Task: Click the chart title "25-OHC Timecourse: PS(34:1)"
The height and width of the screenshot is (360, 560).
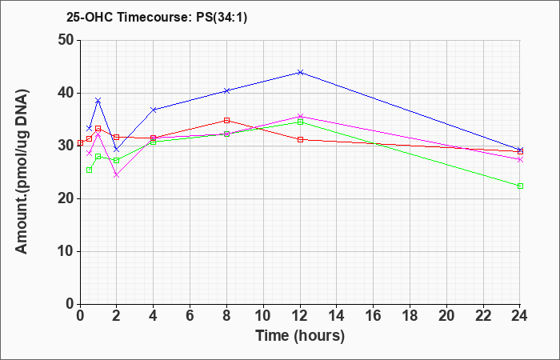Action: coord(157,18)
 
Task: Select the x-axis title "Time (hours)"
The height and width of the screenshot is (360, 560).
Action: coord(300,336)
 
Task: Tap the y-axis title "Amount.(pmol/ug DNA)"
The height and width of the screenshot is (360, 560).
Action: coord(22,172)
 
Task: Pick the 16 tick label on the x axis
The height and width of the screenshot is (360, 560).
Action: coord(374,315)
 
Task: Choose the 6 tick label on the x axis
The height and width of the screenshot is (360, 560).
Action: coord(190,315)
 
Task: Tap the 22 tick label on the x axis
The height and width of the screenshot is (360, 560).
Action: coord(483,315)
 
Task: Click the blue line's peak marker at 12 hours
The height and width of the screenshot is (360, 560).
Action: coord(300,73)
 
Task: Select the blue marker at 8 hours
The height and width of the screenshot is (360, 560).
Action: coord(226,91)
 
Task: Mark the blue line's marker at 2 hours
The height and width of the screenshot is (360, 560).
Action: coord(117,150)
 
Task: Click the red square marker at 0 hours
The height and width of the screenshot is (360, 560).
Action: coord(80,143)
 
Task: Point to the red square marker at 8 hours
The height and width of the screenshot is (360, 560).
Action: coord(226,120)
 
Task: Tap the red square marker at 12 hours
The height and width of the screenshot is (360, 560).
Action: coord(300,140)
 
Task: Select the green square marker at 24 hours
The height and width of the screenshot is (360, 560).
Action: coord(520,186)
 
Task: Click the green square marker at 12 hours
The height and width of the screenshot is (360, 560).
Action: coord(300,122)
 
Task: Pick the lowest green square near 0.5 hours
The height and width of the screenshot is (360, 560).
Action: coord(90,170)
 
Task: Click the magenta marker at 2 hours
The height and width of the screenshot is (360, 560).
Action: coord(117,175)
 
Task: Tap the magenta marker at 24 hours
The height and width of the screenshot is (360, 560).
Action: coord(520,160)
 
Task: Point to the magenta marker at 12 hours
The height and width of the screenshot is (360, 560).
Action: coord(300,117)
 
